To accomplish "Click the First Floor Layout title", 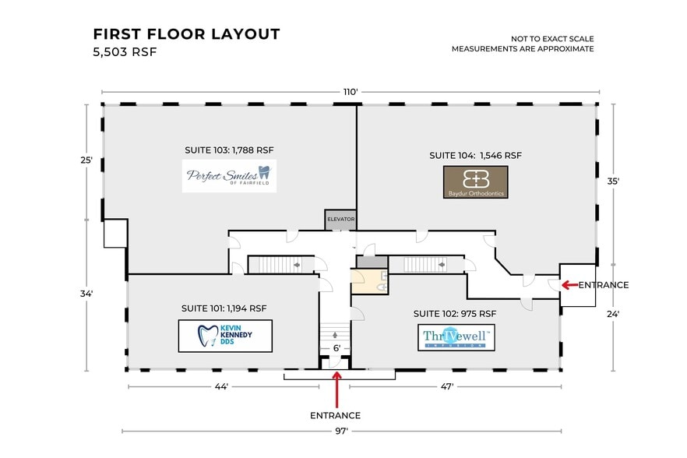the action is pyautogui.click(x=187, y=33).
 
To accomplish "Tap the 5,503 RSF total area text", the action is pyautogui.click(x=125, y=51).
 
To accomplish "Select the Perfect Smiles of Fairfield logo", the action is pyautogui.click(x=229, y=176).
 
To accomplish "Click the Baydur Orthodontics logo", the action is pyautogui.click(x=476, y=182).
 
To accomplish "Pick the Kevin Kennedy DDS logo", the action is pyautogui.click(x=225, y=336).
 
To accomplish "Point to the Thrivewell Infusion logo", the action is pyautogui.click(x=456, y=337).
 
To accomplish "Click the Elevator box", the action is pyautogui.click(x=340, y=220).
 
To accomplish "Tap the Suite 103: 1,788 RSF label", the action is pyautogui.click(x=229, y=150).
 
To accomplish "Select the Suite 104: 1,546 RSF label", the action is pyautogui.click(x=475, y=155).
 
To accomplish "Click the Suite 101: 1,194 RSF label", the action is pyautogui.click(x=224, y=308).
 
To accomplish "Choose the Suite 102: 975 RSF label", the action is pyautogui.click(x=455, y=313).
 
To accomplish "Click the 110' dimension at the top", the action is pyautogui.click(x=350, y=92).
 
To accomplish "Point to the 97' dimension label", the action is pyautogui.click(x=341, y=431).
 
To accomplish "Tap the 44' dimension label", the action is pyautogui.click(x=221, y=386).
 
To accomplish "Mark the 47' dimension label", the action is pyautogui.click(x=447, y=386).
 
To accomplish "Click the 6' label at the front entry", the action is pyautogui.click(x=336, y=348).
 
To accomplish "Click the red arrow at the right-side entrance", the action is pyautogui.click(x=569, y=285).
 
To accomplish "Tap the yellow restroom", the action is pyautogui.click(x=369, y=281).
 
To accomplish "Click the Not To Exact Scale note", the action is pyautogui.click(x=552, y=39).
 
